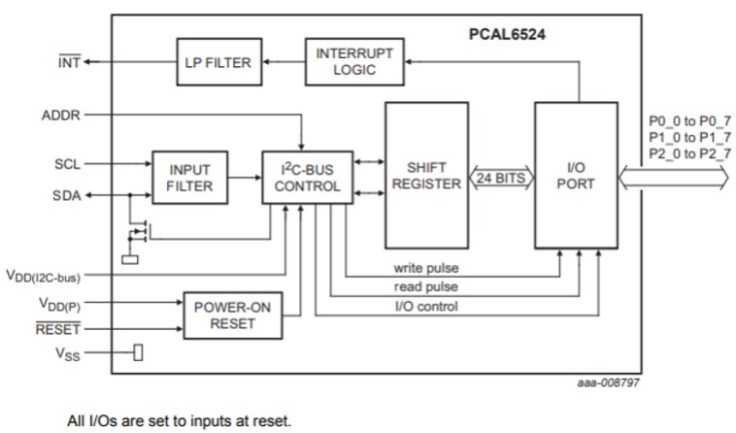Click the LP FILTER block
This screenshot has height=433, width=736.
click(217, 63)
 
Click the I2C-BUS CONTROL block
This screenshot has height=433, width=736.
click(307, 178)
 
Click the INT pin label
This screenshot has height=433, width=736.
click(69, 63)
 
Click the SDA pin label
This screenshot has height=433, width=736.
click(66, 196)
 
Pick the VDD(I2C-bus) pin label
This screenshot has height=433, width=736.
click(43, 277)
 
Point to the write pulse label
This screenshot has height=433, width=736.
click(426, 267)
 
